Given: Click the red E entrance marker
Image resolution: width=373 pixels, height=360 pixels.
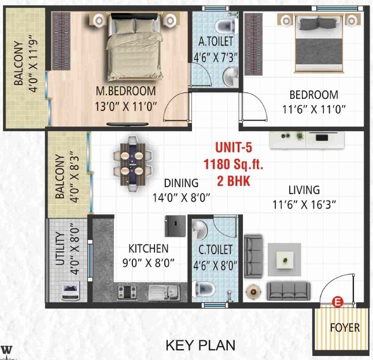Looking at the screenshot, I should point(338,300).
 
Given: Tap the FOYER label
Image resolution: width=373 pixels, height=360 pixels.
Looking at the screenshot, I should point(345,328).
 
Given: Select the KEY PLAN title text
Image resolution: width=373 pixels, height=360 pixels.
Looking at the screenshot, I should point(201,346).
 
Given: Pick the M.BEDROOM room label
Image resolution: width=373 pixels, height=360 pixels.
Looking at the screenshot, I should point(125,91).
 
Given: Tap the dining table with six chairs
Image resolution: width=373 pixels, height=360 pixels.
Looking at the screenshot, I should point(133,162).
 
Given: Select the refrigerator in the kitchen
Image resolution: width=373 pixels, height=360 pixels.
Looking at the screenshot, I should point(174,225).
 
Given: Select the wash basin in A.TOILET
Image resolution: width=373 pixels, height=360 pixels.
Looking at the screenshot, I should point(231,75).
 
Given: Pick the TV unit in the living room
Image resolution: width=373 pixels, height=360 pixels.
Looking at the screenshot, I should point(308,139).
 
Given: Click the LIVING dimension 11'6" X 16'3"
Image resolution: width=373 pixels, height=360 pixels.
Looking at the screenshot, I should point(304,203).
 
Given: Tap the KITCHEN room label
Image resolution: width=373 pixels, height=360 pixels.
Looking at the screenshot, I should point(149,249).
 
